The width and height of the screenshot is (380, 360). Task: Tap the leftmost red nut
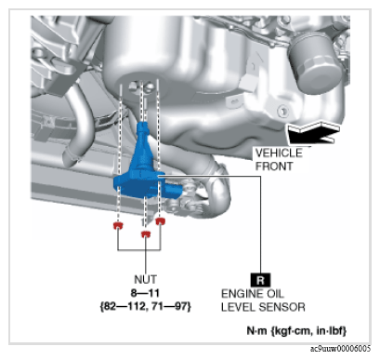pos(118,225)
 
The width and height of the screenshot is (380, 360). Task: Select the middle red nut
pos(145,234)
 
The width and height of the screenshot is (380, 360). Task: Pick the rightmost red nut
pos(160,221)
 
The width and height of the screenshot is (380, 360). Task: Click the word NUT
pos(145,279)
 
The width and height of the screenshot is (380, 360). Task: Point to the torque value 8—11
pos(145,293)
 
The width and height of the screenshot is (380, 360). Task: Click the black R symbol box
pos(260,280)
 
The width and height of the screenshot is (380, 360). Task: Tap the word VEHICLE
pos(279,153)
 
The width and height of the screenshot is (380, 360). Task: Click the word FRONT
pos(274,167)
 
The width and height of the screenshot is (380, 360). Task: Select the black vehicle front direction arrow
pos(313,133)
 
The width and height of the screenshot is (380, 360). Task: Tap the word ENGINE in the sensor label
pos(240,293)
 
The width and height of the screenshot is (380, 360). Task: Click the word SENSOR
pos(282,307)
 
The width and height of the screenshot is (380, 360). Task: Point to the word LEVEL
pos(238,307)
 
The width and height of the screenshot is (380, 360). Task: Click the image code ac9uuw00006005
pos(340,349)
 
